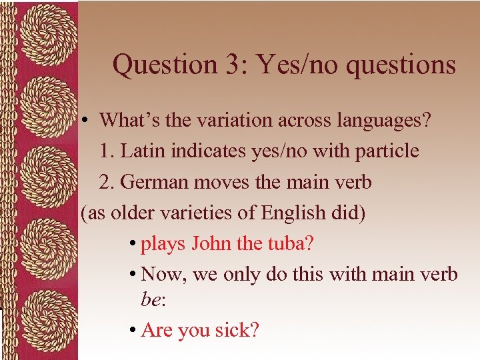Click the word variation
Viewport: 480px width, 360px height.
[235, 121]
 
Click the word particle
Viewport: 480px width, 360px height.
[387, 151]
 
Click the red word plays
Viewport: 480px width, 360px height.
[163, 244]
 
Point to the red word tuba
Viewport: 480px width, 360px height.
[289, 243]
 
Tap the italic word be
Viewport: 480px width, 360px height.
[151, 301]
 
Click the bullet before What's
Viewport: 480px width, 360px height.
[87, 121]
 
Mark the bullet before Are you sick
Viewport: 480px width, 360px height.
[134, 331]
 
